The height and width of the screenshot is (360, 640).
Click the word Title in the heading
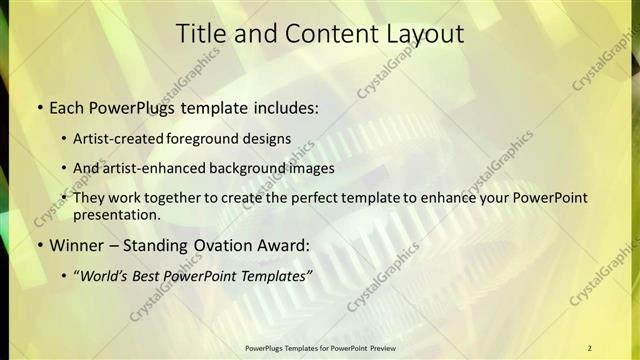pos(200,33)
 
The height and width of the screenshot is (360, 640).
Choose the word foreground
pos(215,138)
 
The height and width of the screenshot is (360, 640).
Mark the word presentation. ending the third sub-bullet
pos(116,214)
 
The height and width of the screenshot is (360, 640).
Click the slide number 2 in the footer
pos(589,348)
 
